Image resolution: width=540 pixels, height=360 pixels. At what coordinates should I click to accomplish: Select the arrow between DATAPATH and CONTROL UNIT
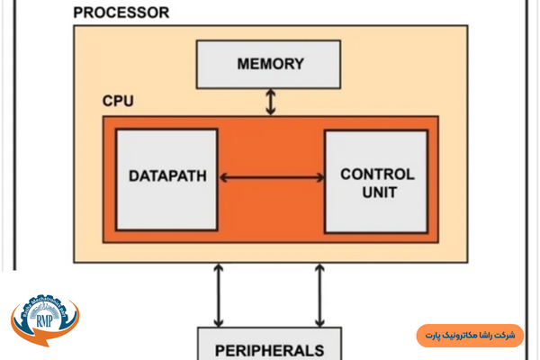[x=271, y=177]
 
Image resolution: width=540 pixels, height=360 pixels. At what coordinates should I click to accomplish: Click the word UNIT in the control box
[x=377, y=191]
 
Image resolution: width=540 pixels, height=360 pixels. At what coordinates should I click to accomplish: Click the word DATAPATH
[x=167, y=175]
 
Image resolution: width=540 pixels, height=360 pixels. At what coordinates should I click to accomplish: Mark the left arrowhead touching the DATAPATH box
[x=223, y=177]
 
